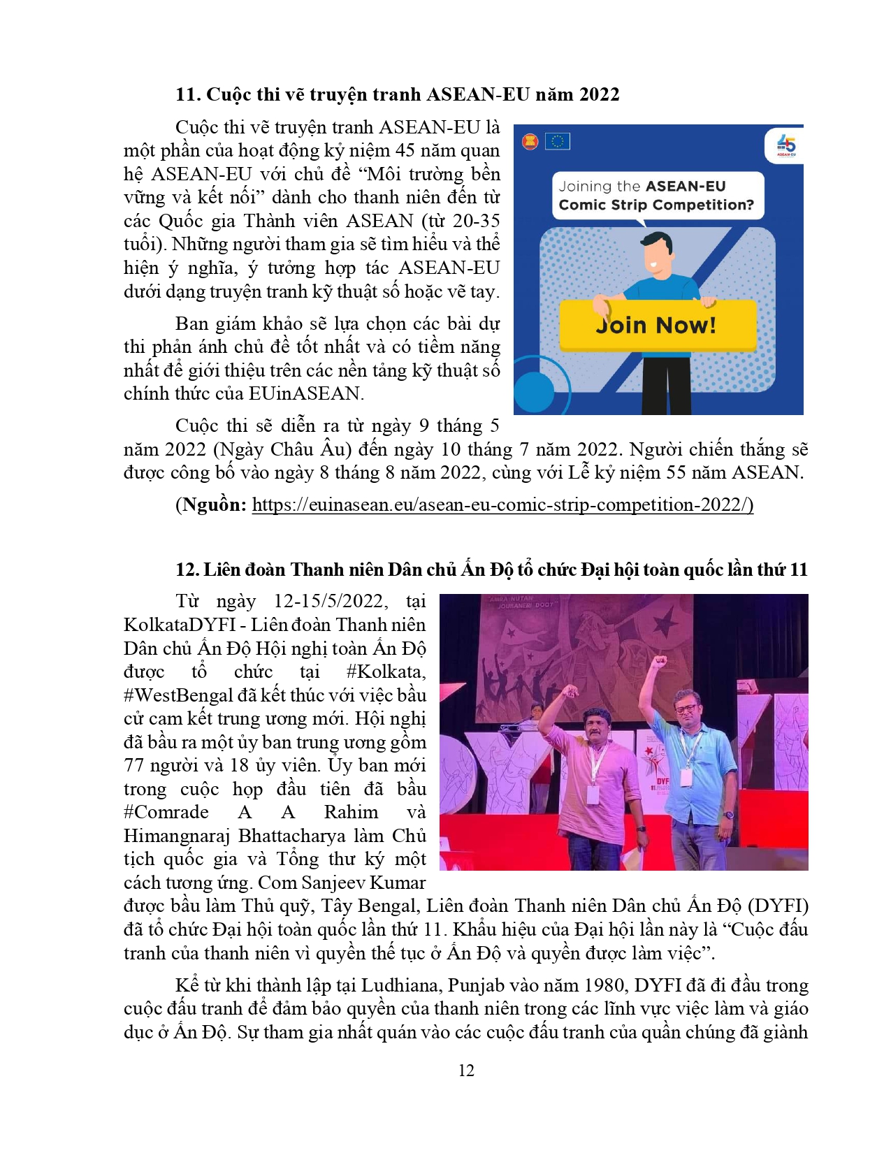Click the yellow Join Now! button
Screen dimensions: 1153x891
click(x=657, y=326)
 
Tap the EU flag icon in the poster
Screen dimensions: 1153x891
click(x=557, y=142)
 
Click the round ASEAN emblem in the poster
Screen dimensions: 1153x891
click(x=530, y=143)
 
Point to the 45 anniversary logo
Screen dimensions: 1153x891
click(x=786, y=145)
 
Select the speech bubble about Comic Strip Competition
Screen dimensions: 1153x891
click(x=656, y=196)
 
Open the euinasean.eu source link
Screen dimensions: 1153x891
click(x=502, y=505)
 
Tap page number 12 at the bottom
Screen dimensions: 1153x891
click(x=466, y=1071)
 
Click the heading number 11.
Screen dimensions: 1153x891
click(x=187, y=95)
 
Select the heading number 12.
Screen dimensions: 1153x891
click(x=187, y=570)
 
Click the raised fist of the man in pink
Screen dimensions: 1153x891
click(x=570, y=692)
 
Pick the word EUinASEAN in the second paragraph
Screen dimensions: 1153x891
click(x=304, y=394)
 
